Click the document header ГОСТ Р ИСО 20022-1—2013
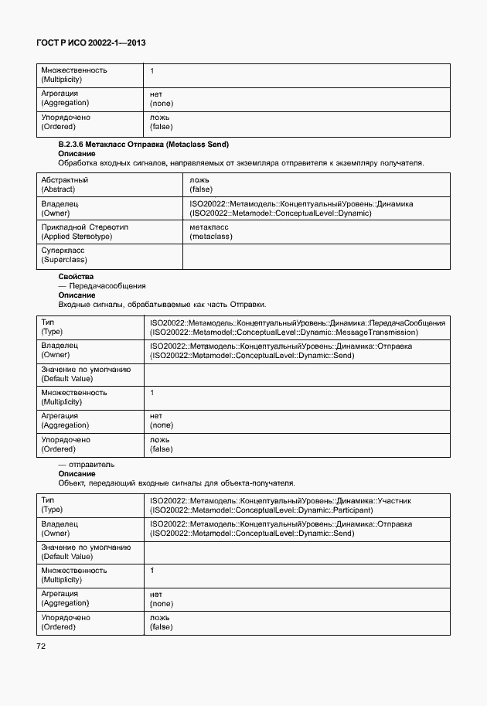pyautogui.click(x=91, y=44)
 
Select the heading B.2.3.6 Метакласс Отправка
pyautogui.click(x=144, y=145)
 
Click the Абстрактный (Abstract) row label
pyautogui.click(x=64, y=184)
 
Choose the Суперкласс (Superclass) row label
pyautogui.click(x=63, y=255)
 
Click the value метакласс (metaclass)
pyautogui.click(x=211, y=231)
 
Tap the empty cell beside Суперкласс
pyautogui.click(x=316, y=255)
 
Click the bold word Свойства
pyautogui.click(x=77, y=276)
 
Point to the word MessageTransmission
pyautogui.click(x=378, y=332)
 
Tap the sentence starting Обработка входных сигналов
pyautogui.click(x=240, y=163)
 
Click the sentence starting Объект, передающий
pyautogui.click(x=176, y=483)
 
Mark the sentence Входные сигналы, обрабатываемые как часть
pyautogui.click(x=166, y=304)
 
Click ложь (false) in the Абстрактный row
pyautogui.click(x=201, y=184)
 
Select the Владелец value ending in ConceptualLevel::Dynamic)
pyautogui.click(x=301, y=208)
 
